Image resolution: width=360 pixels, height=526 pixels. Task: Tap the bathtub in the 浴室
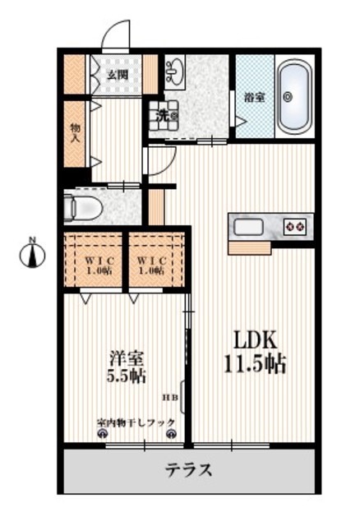tap(291, 97)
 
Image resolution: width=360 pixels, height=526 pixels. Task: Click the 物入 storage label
tap(76, 133)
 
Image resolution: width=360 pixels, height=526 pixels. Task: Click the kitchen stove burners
tap(295, 225)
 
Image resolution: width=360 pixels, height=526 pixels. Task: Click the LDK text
tap(250, 339)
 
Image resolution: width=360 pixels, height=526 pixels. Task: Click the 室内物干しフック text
tap(136, 422)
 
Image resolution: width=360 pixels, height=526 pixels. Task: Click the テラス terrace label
tap(189, 471)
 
